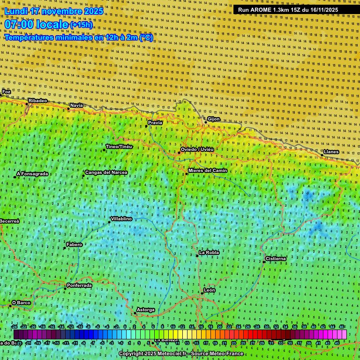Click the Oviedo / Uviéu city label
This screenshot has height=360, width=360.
point(197,150)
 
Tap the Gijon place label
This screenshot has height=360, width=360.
point(213,119)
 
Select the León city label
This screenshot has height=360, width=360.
point(210,290)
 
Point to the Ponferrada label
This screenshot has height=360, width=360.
point(79,285)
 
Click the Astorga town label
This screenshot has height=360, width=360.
point(145,310)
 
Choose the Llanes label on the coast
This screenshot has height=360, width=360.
point(331,152)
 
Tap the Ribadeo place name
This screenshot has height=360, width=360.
point(38,101)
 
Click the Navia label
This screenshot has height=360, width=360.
point(76,105)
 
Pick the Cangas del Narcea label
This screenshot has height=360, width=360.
point(106,172)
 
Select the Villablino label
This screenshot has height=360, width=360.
point(121,219)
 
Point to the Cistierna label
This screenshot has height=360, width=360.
point(276,259)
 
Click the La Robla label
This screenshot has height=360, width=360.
point(209,253)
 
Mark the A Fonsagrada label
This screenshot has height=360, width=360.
point(32,174)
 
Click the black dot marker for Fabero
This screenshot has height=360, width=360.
point(65,248)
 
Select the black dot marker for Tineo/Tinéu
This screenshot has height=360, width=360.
point(104,150)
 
